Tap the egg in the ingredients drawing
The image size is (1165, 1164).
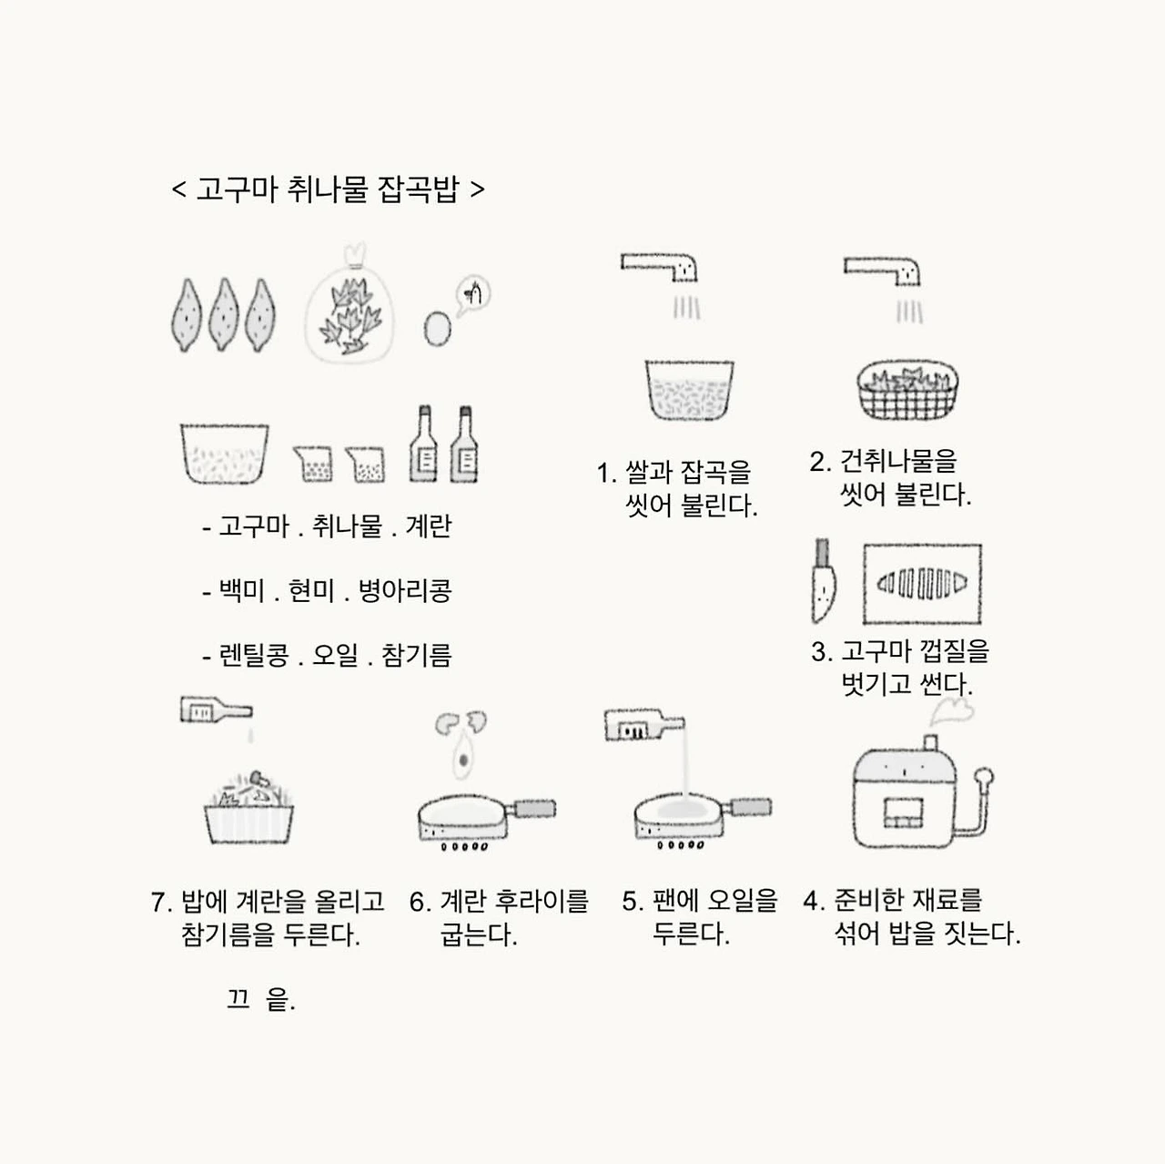point(437,329)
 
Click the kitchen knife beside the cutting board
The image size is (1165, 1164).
point(823,581)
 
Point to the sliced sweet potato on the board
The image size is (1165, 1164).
point(921,583)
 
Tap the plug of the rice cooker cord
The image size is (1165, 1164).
point(984,777)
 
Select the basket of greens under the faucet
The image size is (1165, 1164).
point(907,390)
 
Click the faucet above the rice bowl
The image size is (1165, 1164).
point(660,267)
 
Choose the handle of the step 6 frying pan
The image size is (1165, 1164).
point(534,809)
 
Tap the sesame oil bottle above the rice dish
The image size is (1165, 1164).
point(217,710)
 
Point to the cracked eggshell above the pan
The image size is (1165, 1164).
point(461,722)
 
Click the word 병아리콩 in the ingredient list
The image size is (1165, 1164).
point(404,590)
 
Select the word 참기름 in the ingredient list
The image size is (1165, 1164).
point(416,655)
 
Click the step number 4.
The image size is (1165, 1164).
point(814,900)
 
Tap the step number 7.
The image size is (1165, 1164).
point(161,902)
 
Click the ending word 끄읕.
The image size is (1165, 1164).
point(261,999)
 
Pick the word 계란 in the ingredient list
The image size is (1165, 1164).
point(428,526)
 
